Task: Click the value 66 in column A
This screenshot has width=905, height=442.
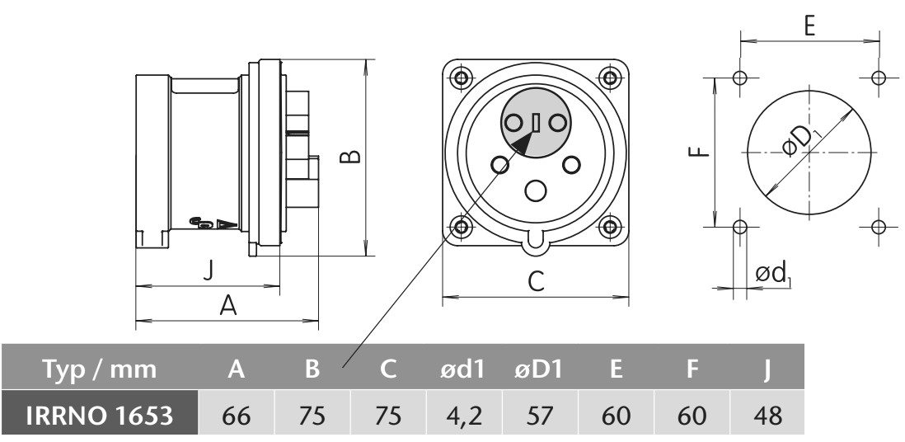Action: tap(237, 414)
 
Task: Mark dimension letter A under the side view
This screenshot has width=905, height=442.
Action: tap(227, 307)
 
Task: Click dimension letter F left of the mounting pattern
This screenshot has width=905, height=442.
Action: tap(696, 151)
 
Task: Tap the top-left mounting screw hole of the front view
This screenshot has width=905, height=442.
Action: tap(462, 78)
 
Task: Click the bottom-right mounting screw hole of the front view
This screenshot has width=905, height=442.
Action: tap(610, 226)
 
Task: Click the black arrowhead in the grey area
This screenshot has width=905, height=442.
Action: tap(519, 147)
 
